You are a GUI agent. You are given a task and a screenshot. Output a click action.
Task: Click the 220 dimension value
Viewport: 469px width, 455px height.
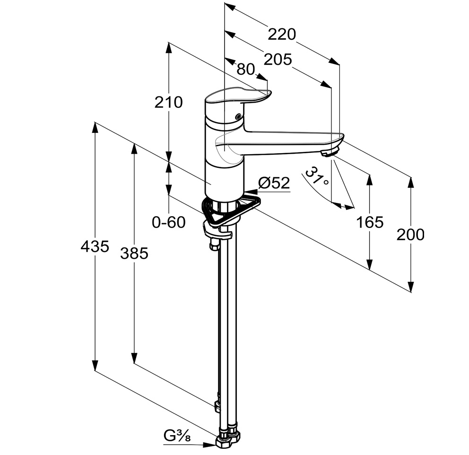click(x=281, y=34)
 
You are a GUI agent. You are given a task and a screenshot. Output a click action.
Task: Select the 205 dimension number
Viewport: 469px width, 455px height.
click(x=278, y=60)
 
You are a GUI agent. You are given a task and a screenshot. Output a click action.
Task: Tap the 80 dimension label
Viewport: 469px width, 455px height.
click(x=245, y=69)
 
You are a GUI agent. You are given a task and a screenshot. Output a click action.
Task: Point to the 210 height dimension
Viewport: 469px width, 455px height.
click(x=169, y=102)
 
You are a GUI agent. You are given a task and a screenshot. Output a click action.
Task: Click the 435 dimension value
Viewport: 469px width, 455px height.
click(x=95, y=247)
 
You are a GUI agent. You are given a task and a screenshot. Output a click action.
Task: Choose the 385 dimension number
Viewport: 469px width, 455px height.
click(x=134, y=254)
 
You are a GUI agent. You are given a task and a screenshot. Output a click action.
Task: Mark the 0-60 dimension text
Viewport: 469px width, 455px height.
click(x=169, y=222)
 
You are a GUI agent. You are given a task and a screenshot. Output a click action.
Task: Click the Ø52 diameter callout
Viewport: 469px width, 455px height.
click(x=274, y=183)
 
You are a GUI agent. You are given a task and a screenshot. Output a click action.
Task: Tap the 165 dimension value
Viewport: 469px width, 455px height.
click(x=370, y=222)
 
